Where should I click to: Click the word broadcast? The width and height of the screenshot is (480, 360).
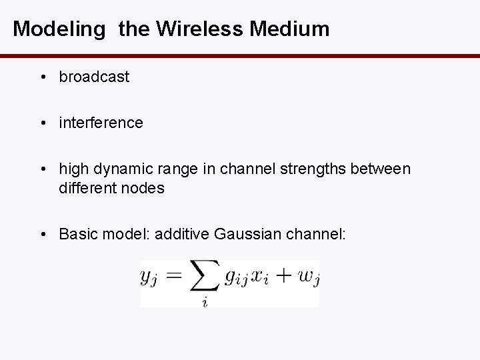[x=94, y=77]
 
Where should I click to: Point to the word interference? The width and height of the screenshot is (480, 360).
[x=101, y=123]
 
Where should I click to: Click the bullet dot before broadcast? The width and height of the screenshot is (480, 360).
[x=43, y=77]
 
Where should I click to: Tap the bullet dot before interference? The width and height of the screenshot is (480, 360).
[x=43, y=123]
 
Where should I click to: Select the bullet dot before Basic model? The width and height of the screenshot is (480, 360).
[x=43, y=234]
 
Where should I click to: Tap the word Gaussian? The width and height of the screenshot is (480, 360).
[x=244, y=234]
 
